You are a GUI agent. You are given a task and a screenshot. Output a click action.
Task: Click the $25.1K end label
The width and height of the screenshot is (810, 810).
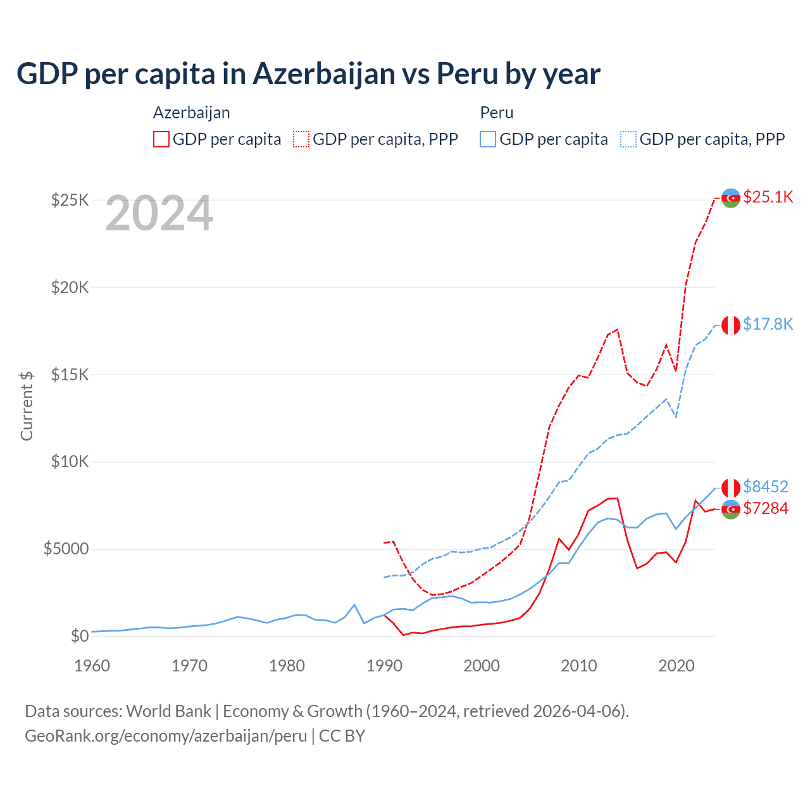[x=768, y=197]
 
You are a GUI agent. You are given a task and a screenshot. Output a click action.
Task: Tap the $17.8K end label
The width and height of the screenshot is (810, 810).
[x=768, y=324]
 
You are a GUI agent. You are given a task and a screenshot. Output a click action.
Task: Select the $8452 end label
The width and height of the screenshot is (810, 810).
[x=766, y=487]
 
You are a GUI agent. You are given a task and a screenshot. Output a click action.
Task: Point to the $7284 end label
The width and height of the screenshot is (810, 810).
[x=766, y=508]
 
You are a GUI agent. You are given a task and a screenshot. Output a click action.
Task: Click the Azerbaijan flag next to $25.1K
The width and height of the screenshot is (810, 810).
[x=731, y=198]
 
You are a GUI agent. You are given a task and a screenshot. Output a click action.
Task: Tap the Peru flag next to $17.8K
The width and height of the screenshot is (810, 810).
[x=731, y=325]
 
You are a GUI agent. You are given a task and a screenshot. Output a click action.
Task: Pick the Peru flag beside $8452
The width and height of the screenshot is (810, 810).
[x=731, y=487]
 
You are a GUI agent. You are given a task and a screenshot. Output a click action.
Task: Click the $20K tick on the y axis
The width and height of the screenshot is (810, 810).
[x=70, y=287]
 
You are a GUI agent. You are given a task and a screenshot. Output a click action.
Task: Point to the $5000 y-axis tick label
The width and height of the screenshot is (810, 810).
[x=66, y=549]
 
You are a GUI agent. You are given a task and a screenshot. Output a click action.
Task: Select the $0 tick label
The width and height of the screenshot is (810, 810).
[x=80, y=636]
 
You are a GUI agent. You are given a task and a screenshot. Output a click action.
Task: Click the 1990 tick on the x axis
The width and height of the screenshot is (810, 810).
[x=384, y=666]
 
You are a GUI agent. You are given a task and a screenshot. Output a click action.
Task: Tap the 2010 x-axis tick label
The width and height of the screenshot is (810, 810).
[x=579, y=666]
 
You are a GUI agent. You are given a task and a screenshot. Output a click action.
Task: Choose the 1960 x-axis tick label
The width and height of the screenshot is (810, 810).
[x=92, y=666]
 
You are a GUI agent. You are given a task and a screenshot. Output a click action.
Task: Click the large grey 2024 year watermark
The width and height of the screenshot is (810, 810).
[x=159, y=213]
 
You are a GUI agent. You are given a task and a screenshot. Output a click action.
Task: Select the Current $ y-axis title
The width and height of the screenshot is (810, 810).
[x=27, y=406]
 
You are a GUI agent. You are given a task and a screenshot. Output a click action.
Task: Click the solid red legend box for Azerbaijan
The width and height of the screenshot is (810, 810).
[x=161, y=139]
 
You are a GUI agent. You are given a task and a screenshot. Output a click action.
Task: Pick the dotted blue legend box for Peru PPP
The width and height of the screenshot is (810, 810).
[x=628, y=139]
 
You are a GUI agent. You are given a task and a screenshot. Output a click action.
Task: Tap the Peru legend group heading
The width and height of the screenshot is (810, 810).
[x=497, y=113]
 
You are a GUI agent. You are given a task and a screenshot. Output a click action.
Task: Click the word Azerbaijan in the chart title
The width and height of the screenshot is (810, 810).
[x=324, y=74]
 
